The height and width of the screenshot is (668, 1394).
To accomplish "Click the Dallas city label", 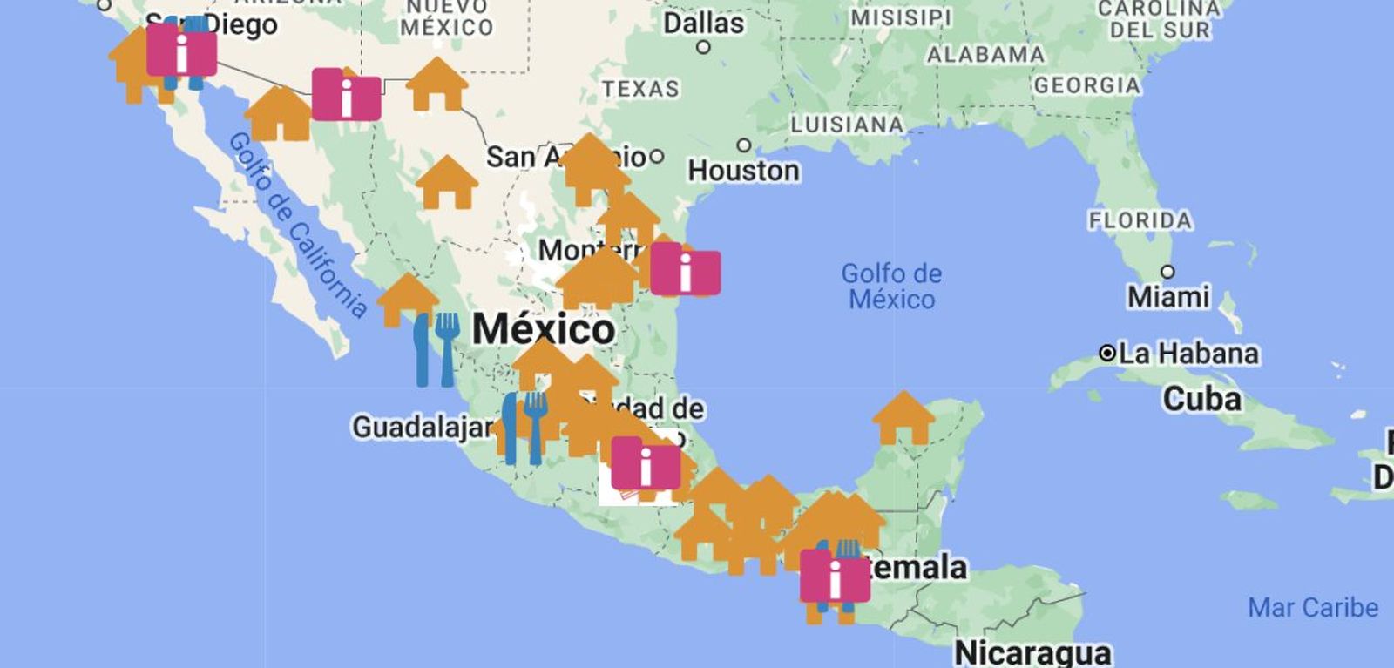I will [x=703, y=24].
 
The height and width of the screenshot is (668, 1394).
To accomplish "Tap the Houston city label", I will [x=743, y=170].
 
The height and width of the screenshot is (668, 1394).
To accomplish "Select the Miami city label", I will [x=1168, y=297].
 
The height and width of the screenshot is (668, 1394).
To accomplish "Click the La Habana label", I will [x=1188, y=354].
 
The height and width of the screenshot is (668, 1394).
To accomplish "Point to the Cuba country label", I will [x=1201, y=399].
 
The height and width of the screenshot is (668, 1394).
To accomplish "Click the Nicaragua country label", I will [x=1032, y=652].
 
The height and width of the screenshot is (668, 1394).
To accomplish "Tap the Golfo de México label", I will [x=891, y=287].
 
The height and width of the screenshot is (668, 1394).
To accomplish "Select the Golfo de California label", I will [x=297, y=226].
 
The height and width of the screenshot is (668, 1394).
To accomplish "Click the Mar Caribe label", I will [x=1312, y=608].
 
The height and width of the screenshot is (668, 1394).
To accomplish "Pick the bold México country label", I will [x=544, y=329].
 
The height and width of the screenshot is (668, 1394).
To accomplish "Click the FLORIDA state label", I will [x=1140, y=220].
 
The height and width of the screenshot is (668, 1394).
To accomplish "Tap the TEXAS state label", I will [x=640, y=89].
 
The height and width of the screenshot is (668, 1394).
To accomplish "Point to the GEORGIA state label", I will [x=1086, y=85].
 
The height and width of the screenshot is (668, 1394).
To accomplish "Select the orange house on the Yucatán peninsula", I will [x=903, y=418].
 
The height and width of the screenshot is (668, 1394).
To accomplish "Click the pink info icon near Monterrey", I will [x=685, y=269].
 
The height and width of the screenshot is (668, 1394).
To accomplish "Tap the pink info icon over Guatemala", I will [x=835, y=576].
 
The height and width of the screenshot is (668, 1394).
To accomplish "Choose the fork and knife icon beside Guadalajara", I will [x=524, y=428].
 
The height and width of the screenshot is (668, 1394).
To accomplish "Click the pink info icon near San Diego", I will [x=181, y=51].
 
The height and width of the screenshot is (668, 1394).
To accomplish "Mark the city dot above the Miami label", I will [x=1167, y=272].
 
